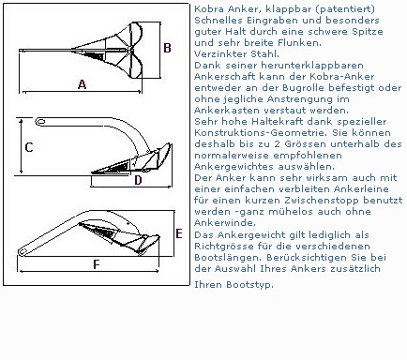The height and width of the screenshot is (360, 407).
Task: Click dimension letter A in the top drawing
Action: (x=82, y=84)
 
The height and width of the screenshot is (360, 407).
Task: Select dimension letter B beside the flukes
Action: (x=167, y=48)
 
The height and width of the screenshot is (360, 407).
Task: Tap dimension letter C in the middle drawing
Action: (x=29, y=147)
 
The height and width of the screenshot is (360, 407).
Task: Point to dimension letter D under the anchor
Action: (x=138, y=180)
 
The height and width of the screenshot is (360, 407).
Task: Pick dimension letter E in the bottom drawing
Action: (x=179, y=233)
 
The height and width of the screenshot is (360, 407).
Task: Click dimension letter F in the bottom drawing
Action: (x=97, y=264)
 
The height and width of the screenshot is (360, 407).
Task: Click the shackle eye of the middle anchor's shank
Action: (x=41, y=122)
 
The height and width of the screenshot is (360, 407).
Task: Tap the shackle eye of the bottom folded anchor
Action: (x=23, y=252)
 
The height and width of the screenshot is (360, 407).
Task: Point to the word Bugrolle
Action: (x=303, y=88)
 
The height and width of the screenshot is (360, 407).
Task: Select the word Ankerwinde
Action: (x=223, y=223)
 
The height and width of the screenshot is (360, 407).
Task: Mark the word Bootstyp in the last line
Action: (x=249, y=285)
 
